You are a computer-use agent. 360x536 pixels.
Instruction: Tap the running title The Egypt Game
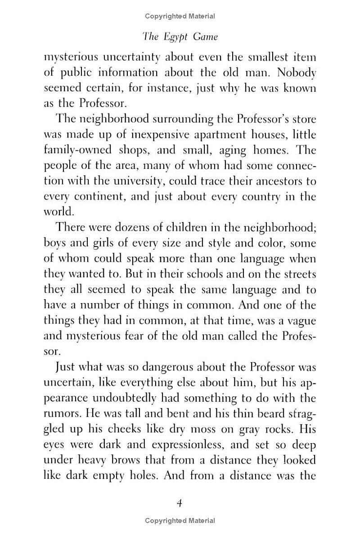point(180,37)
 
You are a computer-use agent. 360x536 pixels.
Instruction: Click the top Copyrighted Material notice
point(180,17)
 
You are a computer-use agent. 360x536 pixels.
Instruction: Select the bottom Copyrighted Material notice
point(180,521)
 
